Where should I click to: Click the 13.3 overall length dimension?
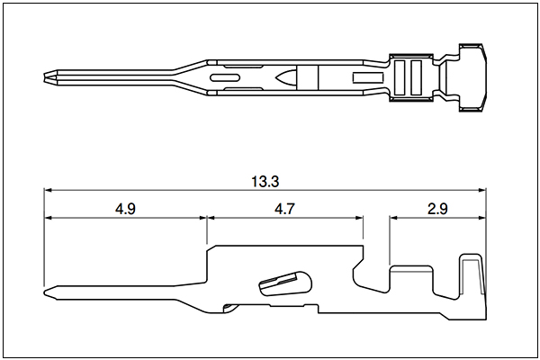[x=265, y=182]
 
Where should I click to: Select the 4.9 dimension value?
[x=125, y=209]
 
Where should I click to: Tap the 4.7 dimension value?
[x=284, y=209]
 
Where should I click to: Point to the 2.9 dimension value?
[x=437, y=209]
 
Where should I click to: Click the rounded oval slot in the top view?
[x=226, y=78]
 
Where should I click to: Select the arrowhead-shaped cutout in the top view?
[x=285, y=77]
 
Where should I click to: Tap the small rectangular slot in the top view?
[x=368, y=77]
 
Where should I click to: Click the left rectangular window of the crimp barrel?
[x=400, y=77]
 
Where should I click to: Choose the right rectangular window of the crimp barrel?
[x=416, y=77]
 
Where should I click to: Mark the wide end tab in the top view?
[x=472, y=77]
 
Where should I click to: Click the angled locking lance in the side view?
[x=285, y=283]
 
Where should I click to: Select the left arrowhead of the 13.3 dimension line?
[x=48, y=190]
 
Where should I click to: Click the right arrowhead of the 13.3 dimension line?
[x=481, y=190]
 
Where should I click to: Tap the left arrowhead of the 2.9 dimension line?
[x=393, y=218]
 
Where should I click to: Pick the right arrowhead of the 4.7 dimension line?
[x=359, y=218]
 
